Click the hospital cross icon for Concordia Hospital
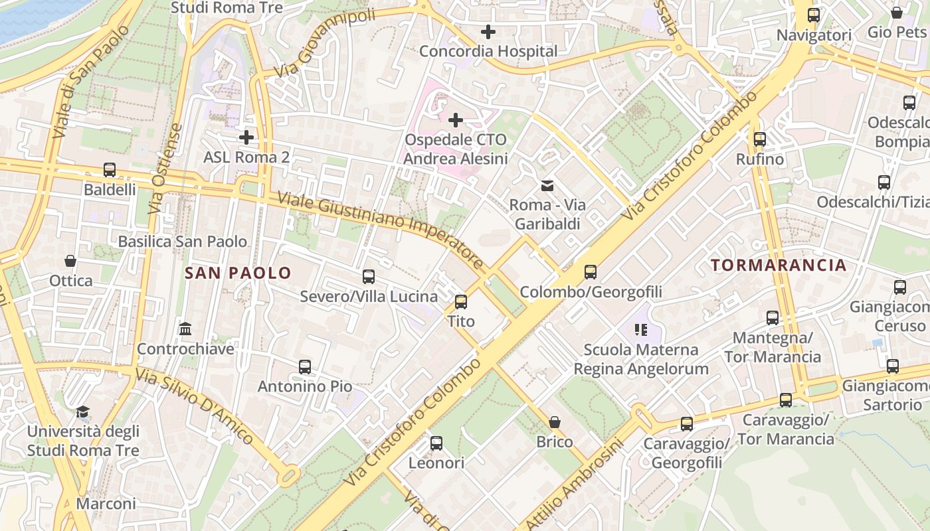[488, 31]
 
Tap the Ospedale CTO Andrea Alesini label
[455, 149]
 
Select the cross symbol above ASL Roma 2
[246, 137]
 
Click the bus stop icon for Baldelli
[110, 170]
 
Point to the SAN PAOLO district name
[238, 273]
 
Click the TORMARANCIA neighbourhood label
[779, 265]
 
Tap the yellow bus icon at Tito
[461, 302]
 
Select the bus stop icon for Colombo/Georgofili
[590, 272]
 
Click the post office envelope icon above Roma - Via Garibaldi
[547, 186]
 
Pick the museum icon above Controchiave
[185, 329]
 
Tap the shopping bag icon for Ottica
[70, 261]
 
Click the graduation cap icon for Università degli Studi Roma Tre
[82, 412]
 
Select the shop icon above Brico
[555, 422]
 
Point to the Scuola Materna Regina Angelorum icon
[641, 330]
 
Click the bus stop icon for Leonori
[436, 443]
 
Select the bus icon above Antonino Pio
[305, 366]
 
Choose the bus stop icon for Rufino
[759, 139]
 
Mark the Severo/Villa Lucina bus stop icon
[369, 277]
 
